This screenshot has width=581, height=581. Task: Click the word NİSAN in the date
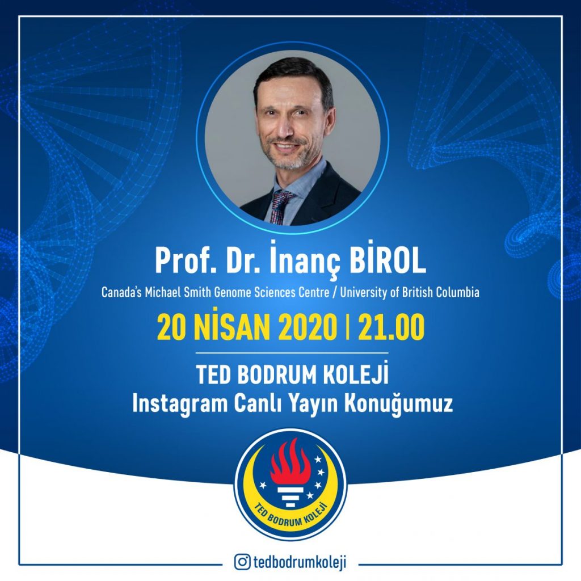click(x=233, y=326)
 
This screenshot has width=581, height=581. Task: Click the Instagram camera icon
click(x=242, y=562)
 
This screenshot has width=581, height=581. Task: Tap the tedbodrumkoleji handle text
click(x=300, y=562)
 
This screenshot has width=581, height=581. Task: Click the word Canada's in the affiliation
click(x=121, y=293)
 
